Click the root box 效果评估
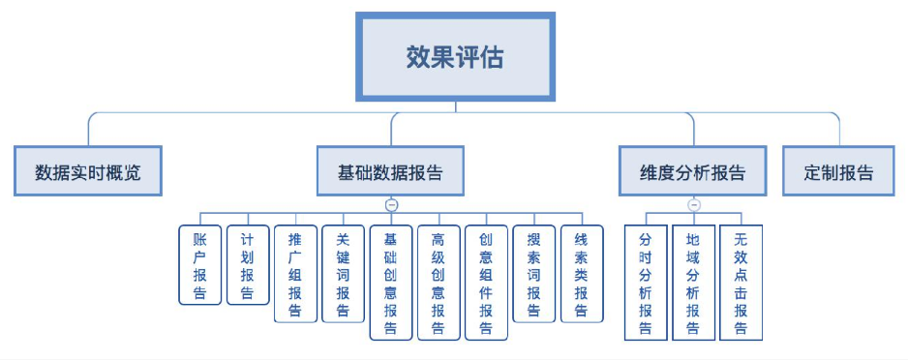tap(455, 56)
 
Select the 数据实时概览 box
tap(88, 173)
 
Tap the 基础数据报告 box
tap(390, 173)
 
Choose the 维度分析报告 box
tap(693, 173)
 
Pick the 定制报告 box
tap(838, 173)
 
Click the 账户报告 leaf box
tap(200, 265)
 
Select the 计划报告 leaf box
tap(248, 265)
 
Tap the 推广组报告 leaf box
tap(295, 274)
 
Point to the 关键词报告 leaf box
tap(343, 274)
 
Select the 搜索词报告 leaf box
tap(533, 274)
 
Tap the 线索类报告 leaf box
tap(582, 274)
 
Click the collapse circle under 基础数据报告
tap(391, 205)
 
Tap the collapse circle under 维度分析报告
tap(693, 205)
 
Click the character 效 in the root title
tap(418, 56)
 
